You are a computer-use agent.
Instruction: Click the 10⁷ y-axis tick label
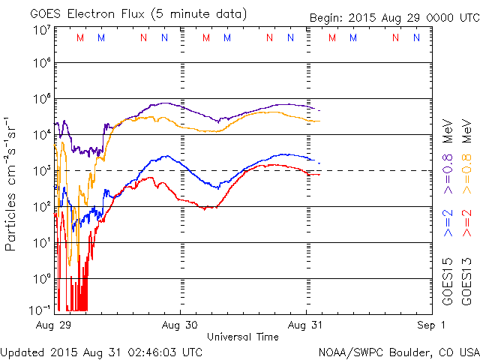(40, 29)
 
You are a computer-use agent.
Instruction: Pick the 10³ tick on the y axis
(40, 172)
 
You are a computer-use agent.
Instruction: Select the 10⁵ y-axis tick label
(40, 100)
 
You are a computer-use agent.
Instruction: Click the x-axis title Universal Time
(242, 337)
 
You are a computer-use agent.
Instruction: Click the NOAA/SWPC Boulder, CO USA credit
(398, 351)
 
